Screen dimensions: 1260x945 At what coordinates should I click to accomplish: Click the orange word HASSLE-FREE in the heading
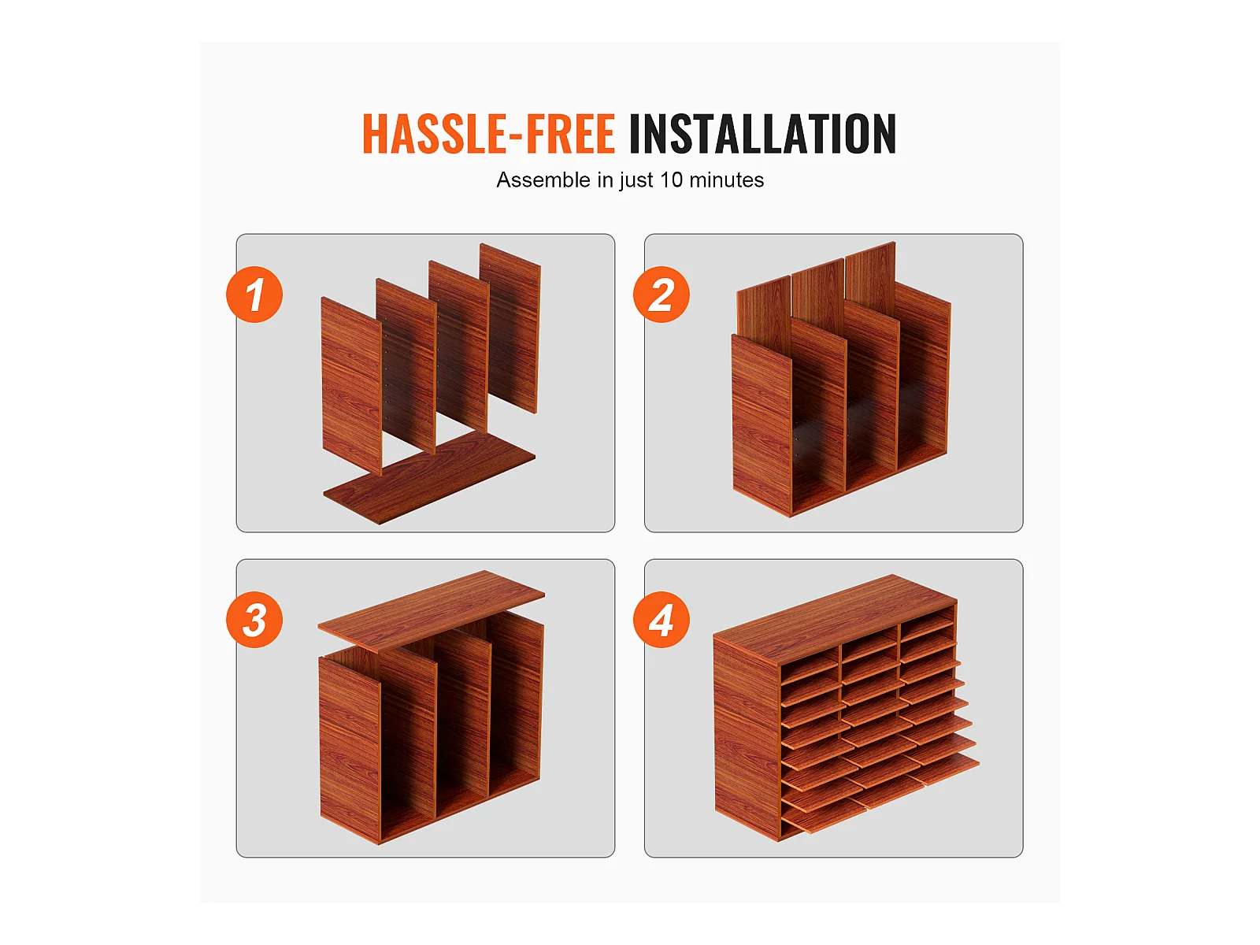(x=488, y=134)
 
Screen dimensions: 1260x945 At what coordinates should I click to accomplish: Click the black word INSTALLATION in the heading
(x=762, y=134)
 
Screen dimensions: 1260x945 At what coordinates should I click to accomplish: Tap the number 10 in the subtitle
(x=671, y=180)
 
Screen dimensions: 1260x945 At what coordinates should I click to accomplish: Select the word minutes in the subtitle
(x=726, y=180)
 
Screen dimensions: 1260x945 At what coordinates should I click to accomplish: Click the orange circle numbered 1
(x=254, y=295)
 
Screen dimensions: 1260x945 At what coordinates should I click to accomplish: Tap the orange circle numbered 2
(x=661, y=295)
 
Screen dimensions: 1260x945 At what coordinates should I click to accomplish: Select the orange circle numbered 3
(x=254, y=620)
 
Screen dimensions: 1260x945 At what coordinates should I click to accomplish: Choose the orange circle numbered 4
(x=661, y=620)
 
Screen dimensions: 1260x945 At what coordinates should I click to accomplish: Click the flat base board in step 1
(x=429, y=478)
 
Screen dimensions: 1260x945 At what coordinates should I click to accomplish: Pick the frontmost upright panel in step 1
(x=351, y=385)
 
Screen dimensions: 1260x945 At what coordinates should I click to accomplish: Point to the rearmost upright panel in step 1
(x=510, y=328)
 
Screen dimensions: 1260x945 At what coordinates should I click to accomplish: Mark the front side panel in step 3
(x=350, y=750)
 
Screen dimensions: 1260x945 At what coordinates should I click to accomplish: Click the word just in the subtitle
(x=636, y=180)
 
